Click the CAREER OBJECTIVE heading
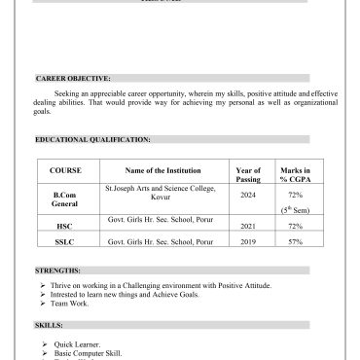coord(73,76)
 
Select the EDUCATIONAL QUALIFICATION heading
coord(92,139)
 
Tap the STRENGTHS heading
coord(58,269)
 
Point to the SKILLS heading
coord(49,325)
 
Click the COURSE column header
coord(65,170)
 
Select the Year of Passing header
coord(248,174)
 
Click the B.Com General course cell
coord(65,199)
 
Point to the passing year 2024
coord(248,195)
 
